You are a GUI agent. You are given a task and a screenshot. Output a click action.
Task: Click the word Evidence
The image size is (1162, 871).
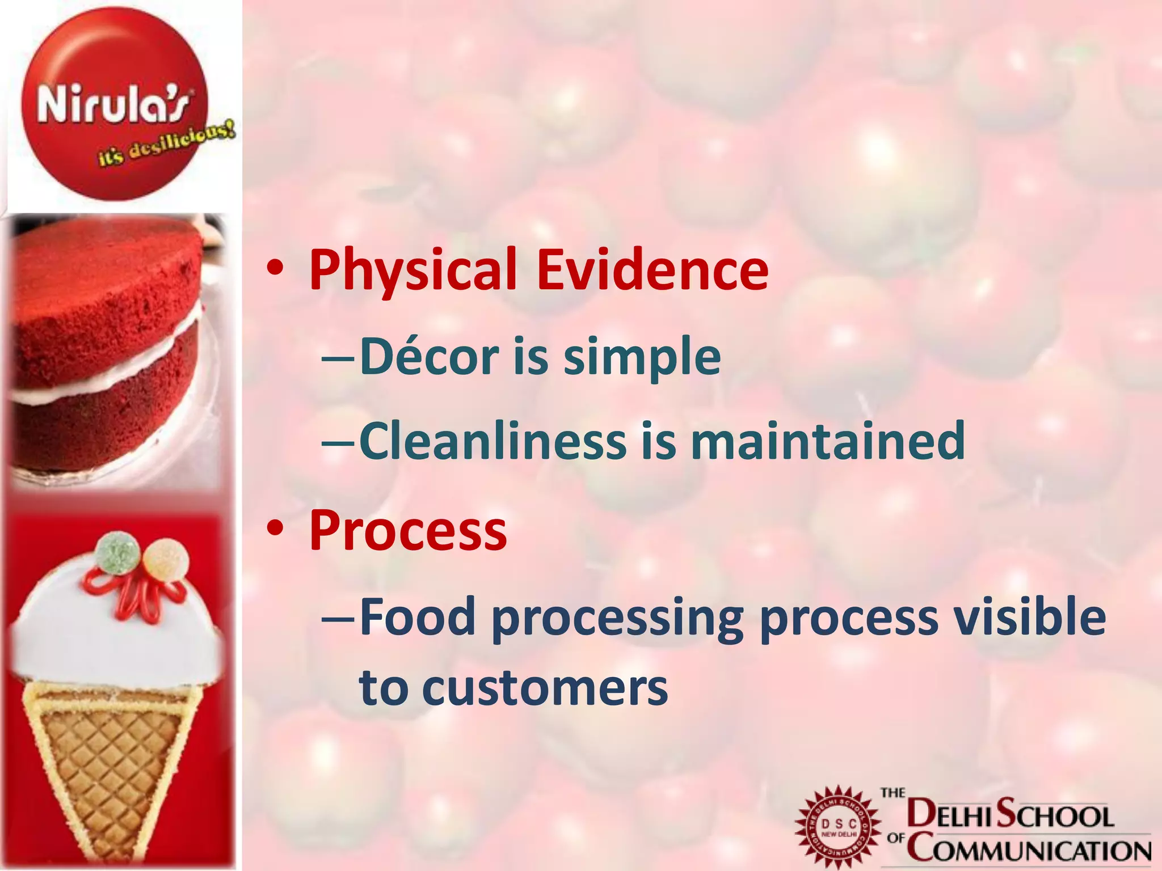tap(652, 270)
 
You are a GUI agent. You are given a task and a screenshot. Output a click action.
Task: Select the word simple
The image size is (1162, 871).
tap(642, 357)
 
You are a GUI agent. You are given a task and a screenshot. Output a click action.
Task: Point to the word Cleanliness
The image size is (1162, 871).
tap(492, 441)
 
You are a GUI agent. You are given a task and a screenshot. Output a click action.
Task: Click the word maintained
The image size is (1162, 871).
tap(827, 441)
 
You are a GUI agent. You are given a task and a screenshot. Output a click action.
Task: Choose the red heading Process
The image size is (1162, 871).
tap(407, 530)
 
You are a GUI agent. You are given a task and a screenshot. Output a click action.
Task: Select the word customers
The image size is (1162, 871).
tap(545, 688)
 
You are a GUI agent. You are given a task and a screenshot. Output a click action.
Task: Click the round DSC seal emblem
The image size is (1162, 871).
tap(839, 828)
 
